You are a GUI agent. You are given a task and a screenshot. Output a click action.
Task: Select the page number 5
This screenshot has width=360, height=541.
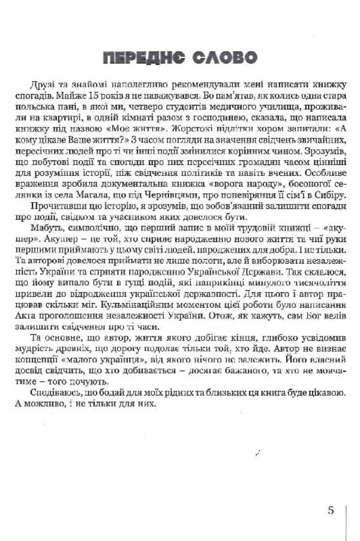point(331,511)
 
